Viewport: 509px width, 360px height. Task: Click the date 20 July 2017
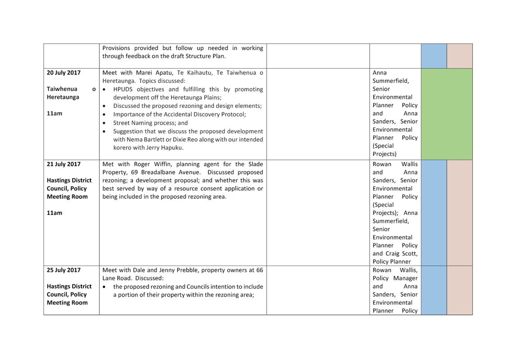point(64,73)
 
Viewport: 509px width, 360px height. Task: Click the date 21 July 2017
point(64,164)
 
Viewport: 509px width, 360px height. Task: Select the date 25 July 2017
point(64,270)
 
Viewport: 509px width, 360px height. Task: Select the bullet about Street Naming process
point(150,123)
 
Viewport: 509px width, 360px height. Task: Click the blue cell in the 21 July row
point(434,212)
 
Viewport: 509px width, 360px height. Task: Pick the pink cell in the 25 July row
point(459,290)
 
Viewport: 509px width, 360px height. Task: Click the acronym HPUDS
point(123,89)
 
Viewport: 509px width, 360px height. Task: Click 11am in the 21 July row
point(55,213)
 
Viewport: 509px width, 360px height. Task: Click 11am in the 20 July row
point(55,113)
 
